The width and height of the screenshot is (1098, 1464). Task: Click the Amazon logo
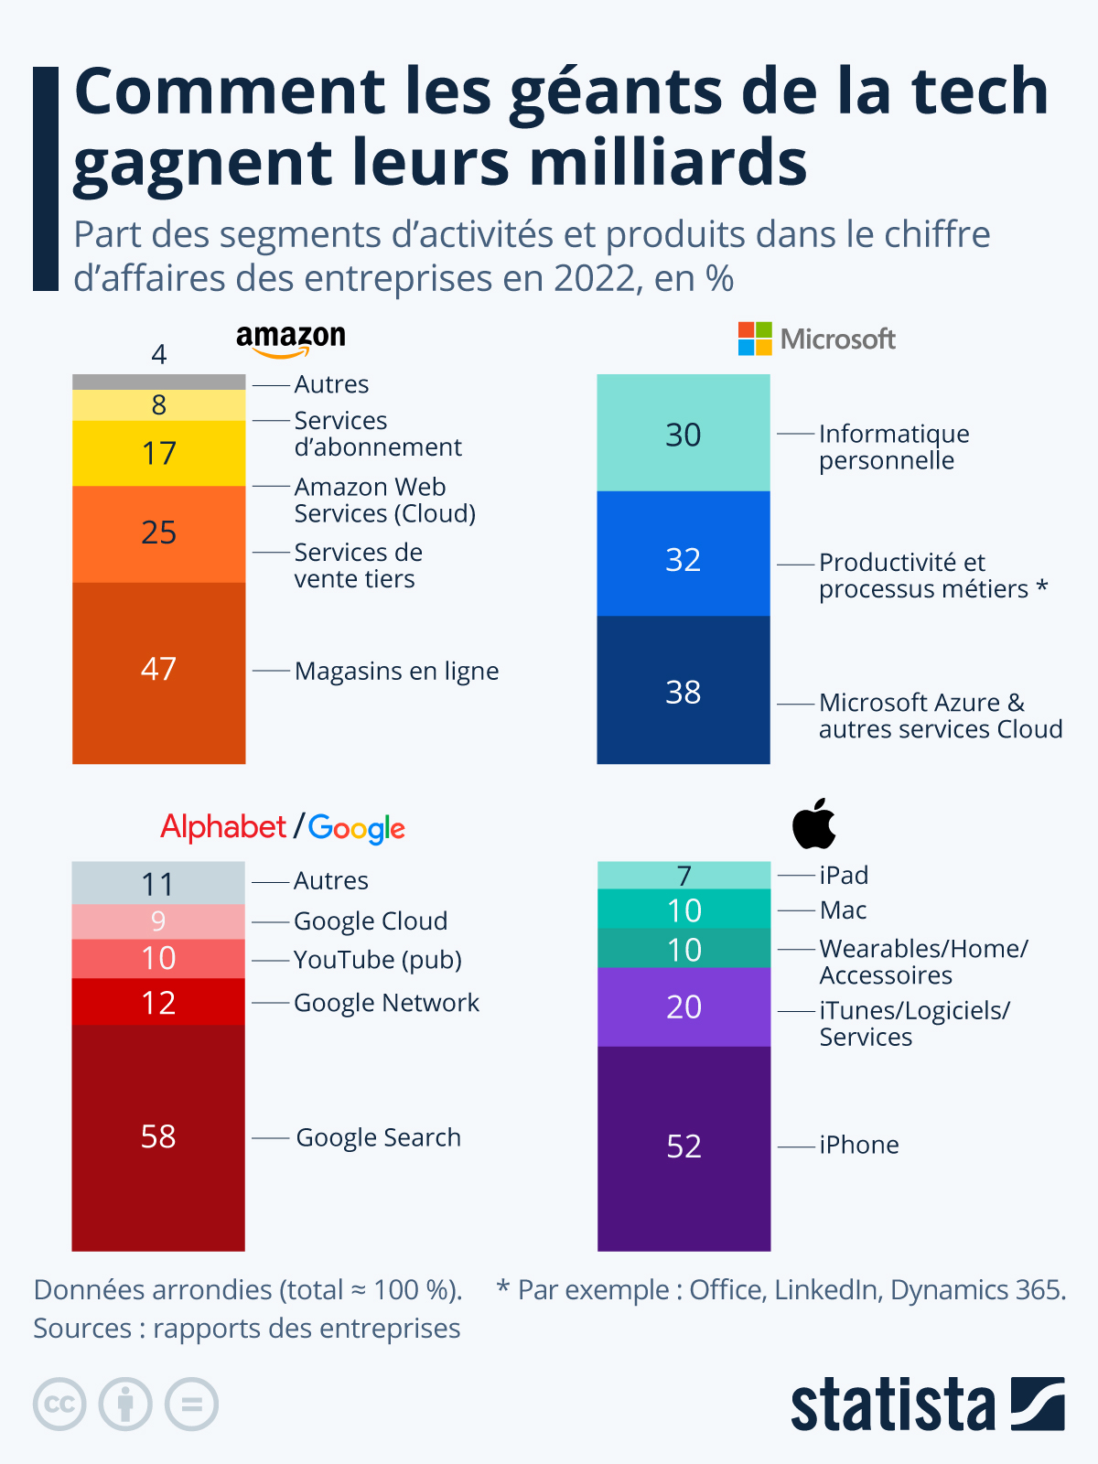(x=291, y=340)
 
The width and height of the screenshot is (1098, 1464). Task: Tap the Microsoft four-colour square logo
(x=755, y=339)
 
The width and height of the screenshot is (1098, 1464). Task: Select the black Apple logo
(x=813, y=823)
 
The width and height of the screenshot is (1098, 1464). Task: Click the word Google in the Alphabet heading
(x=356, y=828)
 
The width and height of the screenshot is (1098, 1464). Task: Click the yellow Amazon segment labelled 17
(x=158, y=453)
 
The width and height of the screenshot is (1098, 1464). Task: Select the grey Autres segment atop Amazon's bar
(x=158, y=382)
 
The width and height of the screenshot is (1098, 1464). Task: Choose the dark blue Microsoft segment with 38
(x=683, y=691)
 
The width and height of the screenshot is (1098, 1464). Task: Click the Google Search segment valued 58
(x=158, y=1137)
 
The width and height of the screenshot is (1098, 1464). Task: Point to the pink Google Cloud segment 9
(x=158, y=921)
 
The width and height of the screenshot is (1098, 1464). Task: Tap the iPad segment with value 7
(x=684, y=875)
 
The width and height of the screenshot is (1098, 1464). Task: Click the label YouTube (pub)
(x=377, y=960)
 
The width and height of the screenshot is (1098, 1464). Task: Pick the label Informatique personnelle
(x=893, y=447)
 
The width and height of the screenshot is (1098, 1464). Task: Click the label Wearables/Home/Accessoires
(x=922, y=962)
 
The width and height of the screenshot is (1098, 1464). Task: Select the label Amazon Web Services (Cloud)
(x=384, y=500)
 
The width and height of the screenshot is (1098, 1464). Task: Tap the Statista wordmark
(x=892, y=1405)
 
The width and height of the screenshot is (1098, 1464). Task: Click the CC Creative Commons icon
(x=59, y=1404)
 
